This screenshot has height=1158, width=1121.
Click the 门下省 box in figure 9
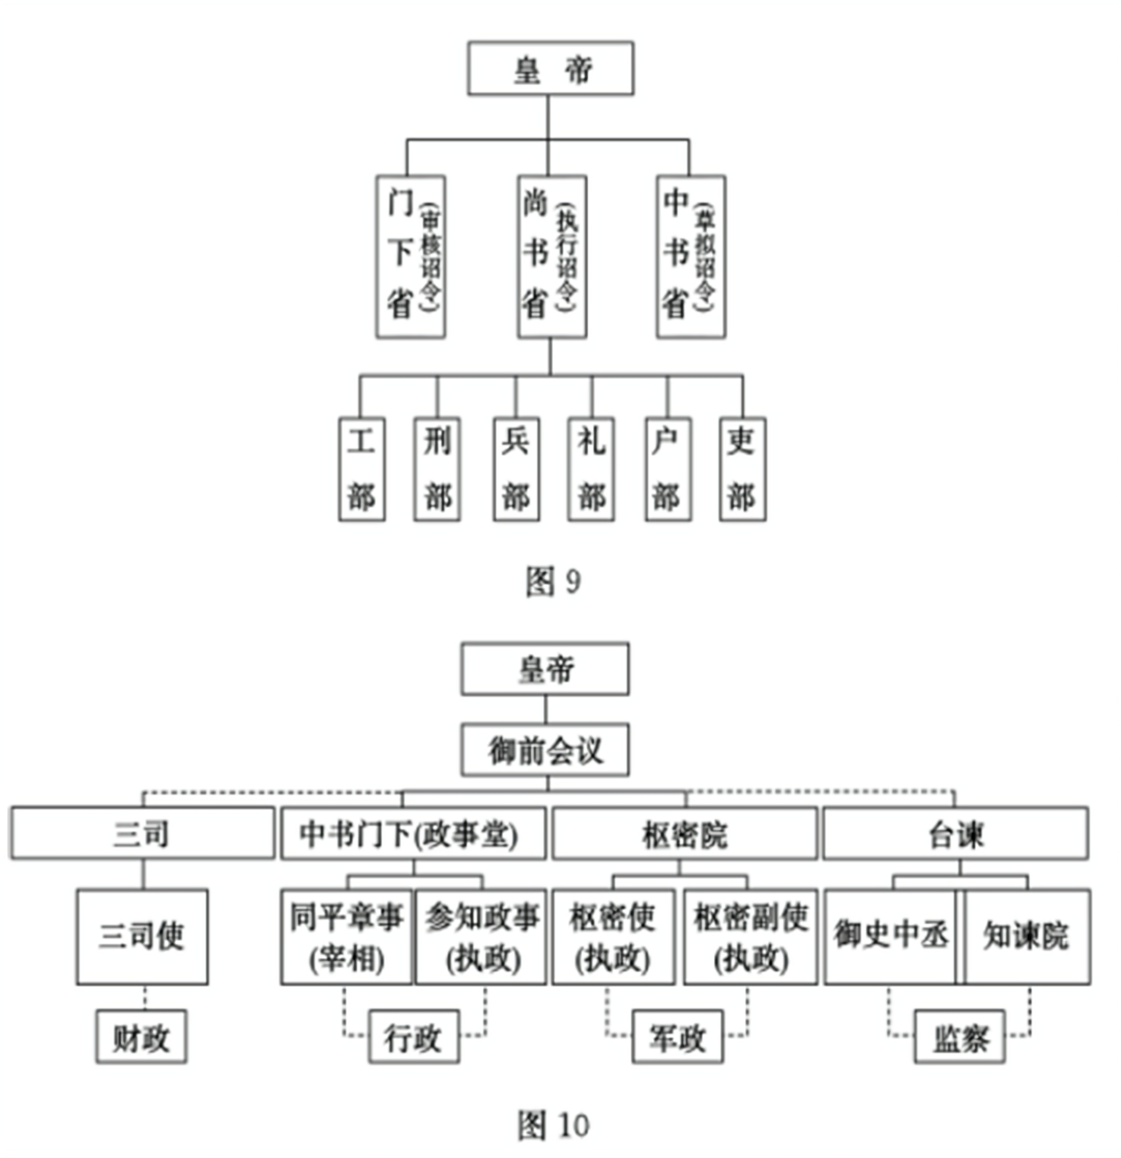point(411,257)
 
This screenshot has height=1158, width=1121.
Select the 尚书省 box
point(552,257)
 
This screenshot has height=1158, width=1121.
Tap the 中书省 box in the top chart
point(691,257)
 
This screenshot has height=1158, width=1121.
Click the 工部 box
point(362,469)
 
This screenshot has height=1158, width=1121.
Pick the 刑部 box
point(437,469)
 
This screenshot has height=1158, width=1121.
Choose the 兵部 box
point(516,469)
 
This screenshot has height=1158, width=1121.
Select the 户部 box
point(668,469)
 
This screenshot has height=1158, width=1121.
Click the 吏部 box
point(743,469)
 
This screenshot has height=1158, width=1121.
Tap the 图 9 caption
point(553,581)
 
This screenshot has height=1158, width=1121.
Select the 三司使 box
point(142,937)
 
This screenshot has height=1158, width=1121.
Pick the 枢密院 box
point(685,833)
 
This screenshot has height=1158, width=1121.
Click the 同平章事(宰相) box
point(346,937)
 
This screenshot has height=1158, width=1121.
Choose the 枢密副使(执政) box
point(750,937)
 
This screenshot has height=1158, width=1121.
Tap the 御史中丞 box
point(890,937)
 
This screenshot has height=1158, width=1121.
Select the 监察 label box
point(960,1037)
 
